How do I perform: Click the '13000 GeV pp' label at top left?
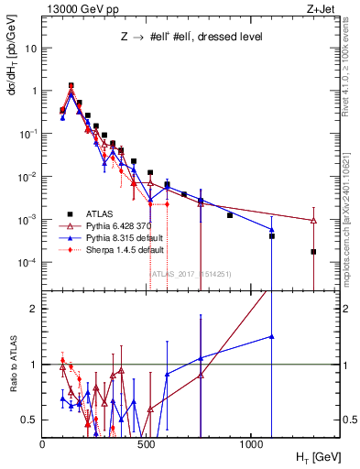tap(77, 8)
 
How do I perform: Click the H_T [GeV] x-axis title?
tap(319, 455)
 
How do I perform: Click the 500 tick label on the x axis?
tap(147, 442)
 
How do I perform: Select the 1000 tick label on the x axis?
tap(252, 442)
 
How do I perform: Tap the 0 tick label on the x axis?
tap(43, 442)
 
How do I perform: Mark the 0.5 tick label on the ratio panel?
tap(30, 420)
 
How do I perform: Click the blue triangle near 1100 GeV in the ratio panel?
tap(271, 336)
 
